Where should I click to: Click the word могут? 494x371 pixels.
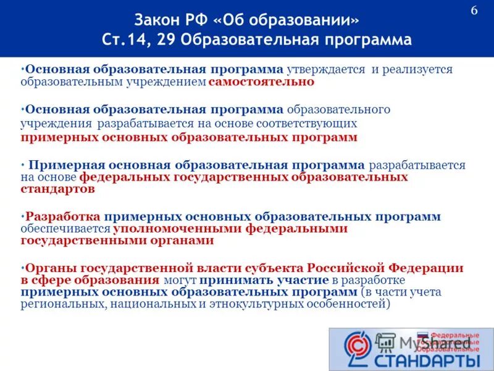180,280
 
